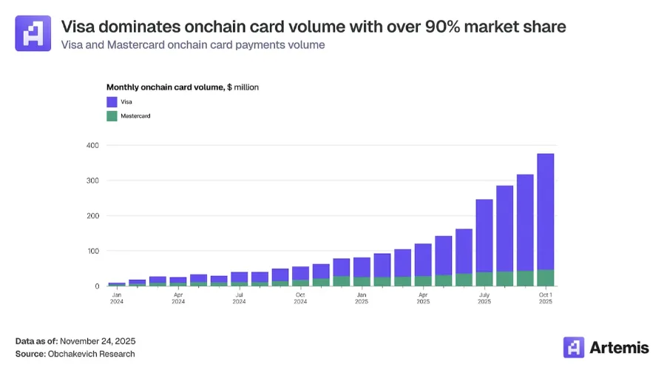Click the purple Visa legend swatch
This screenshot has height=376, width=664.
coord(112,102)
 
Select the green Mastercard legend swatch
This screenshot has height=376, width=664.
coord(112,116)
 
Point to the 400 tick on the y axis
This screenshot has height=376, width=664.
coord(92,145)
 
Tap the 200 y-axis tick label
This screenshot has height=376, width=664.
coord(92,216)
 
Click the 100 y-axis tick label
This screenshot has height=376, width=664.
coord(92,251)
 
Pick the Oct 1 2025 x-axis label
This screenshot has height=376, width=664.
coord(545,298)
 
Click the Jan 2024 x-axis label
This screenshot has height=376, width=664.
coord(117,298)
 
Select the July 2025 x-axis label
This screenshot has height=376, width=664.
coord(484,298)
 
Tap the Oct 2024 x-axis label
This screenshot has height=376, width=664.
coord(300,298)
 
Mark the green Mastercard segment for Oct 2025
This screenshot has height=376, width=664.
coord(545,278)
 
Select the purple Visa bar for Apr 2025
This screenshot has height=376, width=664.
coord(423,260)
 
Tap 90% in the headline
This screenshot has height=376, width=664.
coord(445,27)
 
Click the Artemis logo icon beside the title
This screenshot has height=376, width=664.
coord(33,33)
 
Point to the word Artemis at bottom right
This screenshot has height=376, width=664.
coord(619,346)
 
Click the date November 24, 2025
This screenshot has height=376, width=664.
coord(98,341)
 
